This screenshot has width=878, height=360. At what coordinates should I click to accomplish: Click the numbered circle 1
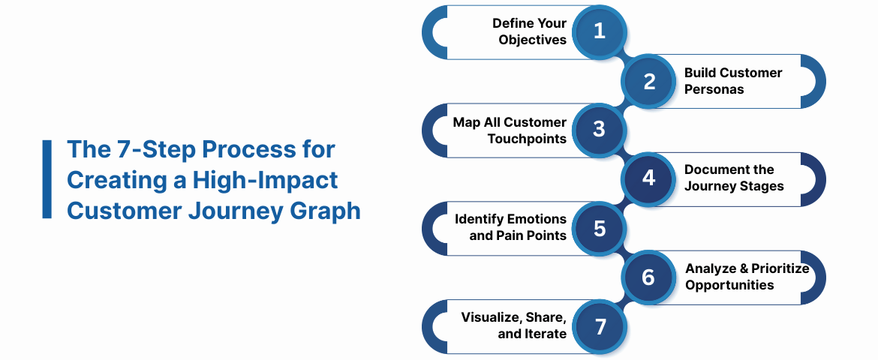[x=599, y=31]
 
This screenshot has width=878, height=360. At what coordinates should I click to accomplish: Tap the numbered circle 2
[x=650, y=81]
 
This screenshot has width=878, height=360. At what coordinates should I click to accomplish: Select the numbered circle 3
[x=599, y=130]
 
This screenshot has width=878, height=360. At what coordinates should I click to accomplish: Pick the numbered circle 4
[x=650, y=178]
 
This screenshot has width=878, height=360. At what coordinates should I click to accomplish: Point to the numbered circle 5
[x=599, y=227]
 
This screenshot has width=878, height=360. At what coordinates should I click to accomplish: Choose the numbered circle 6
[x=650, y=277]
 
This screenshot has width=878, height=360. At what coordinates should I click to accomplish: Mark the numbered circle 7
[x=599, y=326]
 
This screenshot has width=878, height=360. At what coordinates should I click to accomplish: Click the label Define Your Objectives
[x=529, y=31]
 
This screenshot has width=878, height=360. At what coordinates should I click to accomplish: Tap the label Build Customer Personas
[x=732, y=81]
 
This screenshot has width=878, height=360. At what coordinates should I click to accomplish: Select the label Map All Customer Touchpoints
[x=510, y=130]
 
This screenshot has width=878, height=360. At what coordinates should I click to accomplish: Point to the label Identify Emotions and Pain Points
[x=510, y=227]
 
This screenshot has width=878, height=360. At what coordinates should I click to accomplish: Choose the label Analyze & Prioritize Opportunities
[x=747, y=277]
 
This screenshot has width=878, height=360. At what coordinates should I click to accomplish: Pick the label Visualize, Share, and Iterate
[x=513, y=325]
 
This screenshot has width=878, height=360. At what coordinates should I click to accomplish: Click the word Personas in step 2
[x=714, y=89]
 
